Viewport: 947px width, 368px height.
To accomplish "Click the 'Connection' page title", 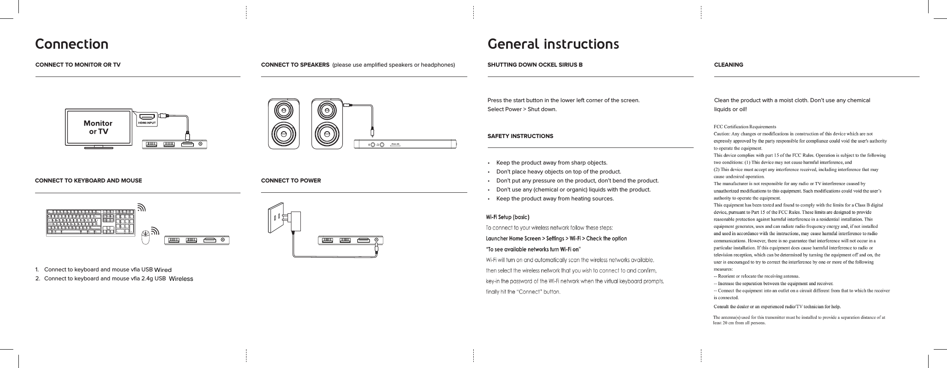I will coord(71,44).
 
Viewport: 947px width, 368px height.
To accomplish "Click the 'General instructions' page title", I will coord(553,44).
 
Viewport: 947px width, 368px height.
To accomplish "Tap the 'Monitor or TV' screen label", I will coord(98,127).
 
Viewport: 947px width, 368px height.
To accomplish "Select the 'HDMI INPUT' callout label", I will coord(147,123).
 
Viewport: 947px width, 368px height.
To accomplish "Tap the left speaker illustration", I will coord(284,124).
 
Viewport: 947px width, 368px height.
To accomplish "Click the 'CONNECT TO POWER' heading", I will coord(291,181).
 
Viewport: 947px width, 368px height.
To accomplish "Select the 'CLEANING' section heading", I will coord(728,65).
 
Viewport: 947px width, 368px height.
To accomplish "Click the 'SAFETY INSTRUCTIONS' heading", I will coord(520,136).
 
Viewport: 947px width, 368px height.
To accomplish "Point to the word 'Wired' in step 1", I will coord(163,270).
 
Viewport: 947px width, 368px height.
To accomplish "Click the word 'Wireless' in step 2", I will coord(181,279).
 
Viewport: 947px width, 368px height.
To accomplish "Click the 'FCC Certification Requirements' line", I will coord(745,127).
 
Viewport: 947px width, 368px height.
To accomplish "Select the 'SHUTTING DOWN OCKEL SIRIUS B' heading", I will coord(535,65).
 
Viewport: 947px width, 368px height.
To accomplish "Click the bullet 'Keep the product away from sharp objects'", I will coord(551,163).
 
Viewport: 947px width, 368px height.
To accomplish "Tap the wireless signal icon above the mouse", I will coord(154,231).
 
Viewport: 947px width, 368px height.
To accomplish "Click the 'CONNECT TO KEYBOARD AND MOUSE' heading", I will coord(88,181).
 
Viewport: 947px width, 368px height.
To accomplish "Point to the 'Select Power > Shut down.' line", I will coord(522,109).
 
